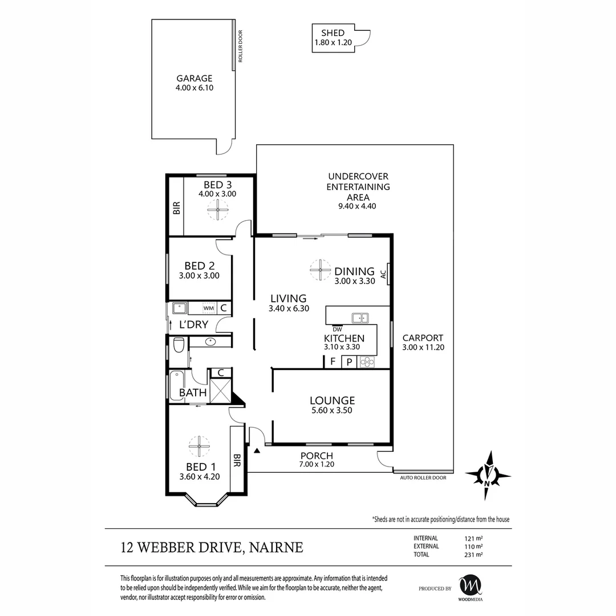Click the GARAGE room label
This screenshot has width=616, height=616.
coord(194,79)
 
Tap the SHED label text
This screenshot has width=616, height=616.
coord(333,33)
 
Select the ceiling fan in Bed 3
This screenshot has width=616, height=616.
coord(217,212)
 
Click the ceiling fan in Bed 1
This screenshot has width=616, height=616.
coord(199,446)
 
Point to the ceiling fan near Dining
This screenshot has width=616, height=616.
coord(320,270)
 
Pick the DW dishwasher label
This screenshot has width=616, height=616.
coord(337,328)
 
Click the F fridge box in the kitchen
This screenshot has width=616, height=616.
coord(333,361)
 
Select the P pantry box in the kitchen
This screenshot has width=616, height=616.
coord(349,361)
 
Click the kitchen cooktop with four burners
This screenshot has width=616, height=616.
coord(366,361)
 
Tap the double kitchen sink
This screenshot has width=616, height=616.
coord(360,318)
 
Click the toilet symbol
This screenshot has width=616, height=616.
coord(178,345)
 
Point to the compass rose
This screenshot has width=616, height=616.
coord(488,475)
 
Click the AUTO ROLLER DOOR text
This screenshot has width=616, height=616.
coord(423,478)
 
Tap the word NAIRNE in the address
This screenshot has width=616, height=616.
coord(275,548)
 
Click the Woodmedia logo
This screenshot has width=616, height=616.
coord(471,586)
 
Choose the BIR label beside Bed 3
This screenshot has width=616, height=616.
coord(176,208)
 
